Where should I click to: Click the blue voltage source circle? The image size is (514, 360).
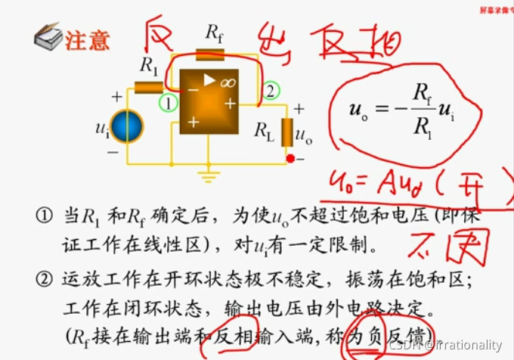click(x=128, y=125)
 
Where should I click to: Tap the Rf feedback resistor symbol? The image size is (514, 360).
click(x=209, y=54)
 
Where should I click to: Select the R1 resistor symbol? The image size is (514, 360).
click(x=149, y=87)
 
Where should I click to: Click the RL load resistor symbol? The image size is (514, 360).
click(x=287, y=132)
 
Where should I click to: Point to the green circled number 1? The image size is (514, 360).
click(x=168, y=102)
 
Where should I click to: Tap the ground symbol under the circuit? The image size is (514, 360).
click(x=205, y=175)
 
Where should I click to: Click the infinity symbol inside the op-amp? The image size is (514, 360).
click(x=228, y=82)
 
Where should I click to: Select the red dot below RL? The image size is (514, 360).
click(x=290, y=159)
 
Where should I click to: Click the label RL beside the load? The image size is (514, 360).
click(x=265, y=131)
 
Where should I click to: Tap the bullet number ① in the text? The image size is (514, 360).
click(x=42, y=216)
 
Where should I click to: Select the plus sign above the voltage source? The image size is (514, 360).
click(x=117, y=97)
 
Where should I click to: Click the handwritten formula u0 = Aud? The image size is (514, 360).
click(x=397, y=182)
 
